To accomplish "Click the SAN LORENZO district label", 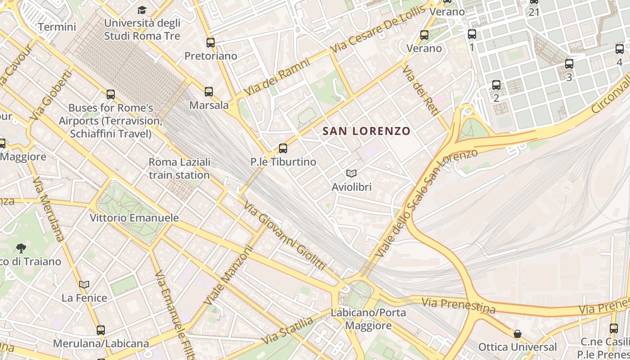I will (366, 131).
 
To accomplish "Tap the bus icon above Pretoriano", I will (211, 43).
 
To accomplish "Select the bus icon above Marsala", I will (209, 92).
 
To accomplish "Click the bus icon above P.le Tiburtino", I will (283, 148).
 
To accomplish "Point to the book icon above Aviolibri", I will (351, 173).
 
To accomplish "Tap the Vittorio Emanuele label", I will (134, 218).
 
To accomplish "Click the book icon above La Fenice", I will (84, 284).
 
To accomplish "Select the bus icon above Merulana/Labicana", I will (101, 330).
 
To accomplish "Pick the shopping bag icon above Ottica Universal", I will (517, 334).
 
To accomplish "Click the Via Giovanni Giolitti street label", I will (284, 237).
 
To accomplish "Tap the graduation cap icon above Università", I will (142, 9).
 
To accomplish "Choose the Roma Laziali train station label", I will (179, 168).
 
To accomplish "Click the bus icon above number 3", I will (569, 64).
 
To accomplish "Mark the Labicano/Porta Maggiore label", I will (368, 319).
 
